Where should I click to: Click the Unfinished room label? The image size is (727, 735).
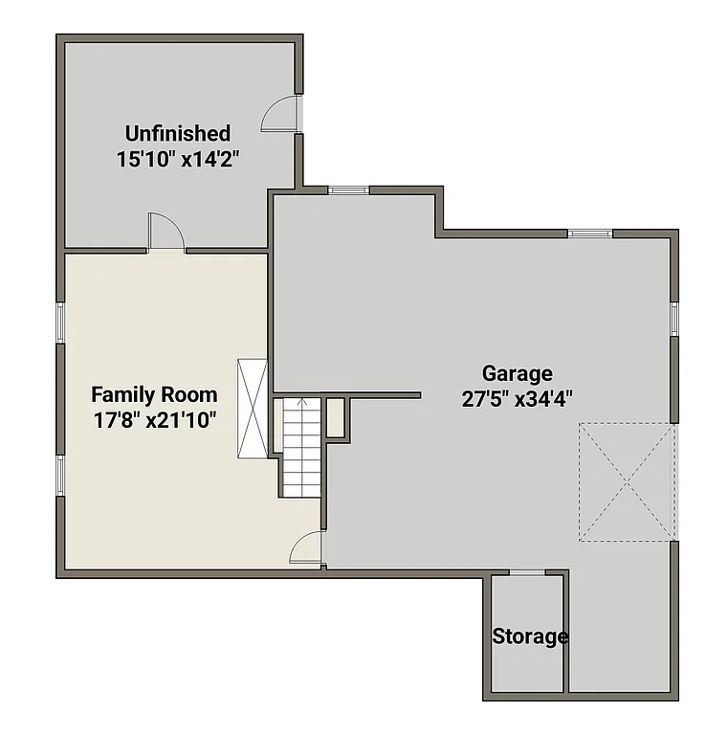pyautogui.click(x=178, y=133)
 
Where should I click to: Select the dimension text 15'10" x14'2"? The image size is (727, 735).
pyautogui.click(x=178, y=159)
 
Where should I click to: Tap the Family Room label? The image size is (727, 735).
pyautogui.click(x=154, y=394)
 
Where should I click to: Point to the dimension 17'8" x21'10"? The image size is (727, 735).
pyautogui.click(x=154, y=419)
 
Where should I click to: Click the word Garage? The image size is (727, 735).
pyautogui.click(x=517, y=373)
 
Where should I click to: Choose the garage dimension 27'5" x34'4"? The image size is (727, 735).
pyautogui.click(x=517, y=399)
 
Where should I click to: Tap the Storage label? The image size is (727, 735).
pyautogui.click(x=530, y=636)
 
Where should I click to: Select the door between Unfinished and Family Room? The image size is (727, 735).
pyautogui.click(x=165, y=234)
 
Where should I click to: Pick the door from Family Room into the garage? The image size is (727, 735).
pyautogui.click(x=309, y=549)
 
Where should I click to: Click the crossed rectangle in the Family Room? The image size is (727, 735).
pyautogui.click(x=253, y=409)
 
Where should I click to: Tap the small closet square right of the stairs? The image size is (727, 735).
pyautogui.click(x=336, y=417)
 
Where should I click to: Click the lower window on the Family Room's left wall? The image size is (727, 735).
pyautogui.click(x=60, y=475)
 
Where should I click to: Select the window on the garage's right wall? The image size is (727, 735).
pyautogui.click(x=673, y=318)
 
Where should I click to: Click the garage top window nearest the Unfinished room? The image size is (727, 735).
pyautogui.click(x=348, y=190)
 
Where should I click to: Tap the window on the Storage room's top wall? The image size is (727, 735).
pyautogui.click(x=528, y=572)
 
